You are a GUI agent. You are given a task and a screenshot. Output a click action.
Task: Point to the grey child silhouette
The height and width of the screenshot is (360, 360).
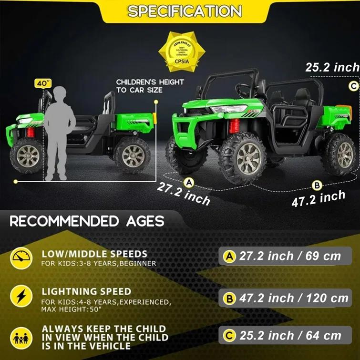tap(61, 133)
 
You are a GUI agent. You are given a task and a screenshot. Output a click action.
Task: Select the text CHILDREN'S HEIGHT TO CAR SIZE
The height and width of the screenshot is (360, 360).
tap(150, 86)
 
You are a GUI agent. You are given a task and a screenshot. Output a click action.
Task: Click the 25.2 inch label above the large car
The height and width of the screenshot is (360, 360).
tap(332, 68)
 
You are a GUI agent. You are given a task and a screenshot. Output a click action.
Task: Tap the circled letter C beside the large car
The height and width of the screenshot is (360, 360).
tap(353, 86)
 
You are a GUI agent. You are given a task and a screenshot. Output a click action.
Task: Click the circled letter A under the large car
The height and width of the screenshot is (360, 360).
tap(189, 182)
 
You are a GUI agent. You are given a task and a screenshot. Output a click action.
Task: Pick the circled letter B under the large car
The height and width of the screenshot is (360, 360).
tap(316, 185)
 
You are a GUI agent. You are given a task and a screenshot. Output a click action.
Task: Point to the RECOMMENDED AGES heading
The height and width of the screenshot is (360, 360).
tap(87, 221)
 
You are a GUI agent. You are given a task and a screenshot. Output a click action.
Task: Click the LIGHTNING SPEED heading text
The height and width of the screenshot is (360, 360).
tap(86, 291)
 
